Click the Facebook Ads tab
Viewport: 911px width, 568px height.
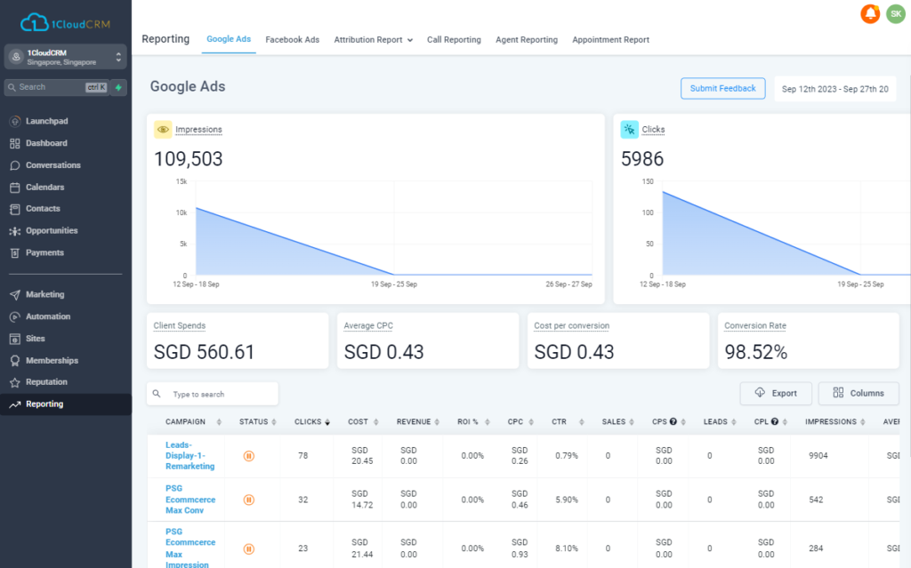[292, 40]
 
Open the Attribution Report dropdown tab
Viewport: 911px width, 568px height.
[373, 40]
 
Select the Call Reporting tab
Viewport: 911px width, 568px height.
[454, 40]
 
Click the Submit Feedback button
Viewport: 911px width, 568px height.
[722, 89]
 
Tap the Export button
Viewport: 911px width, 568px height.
[775, 393]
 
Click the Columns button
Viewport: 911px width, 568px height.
[859, 393]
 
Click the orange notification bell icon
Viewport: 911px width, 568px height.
[870, 14]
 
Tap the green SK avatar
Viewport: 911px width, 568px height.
[895, 14]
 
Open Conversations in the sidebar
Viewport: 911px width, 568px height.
[52, 165]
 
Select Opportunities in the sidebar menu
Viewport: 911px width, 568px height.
[52, 231]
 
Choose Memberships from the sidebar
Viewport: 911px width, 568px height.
[52, 361]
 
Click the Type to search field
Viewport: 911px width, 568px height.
[218, 394]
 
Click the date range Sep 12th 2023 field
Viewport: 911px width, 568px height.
[834, 89]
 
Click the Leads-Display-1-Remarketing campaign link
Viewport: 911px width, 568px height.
[189, 455]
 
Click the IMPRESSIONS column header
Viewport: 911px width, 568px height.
[830, 421]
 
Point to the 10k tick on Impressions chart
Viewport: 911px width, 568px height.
[181, 213]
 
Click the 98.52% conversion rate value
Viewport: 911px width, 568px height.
[756, 352]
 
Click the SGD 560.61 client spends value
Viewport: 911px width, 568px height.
[204, 352]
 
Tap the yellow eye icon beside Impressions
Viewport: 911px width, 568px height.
[163, 130]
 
